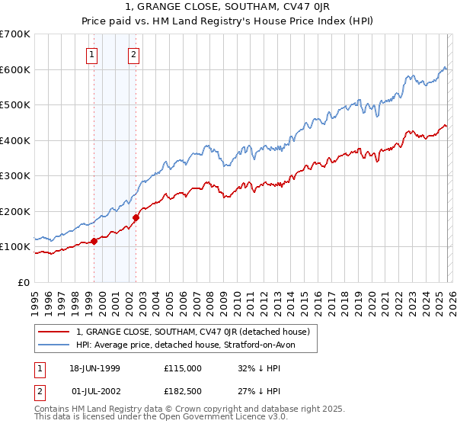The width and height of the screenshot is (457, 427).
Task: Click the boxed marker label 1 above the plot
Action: pos(92,54)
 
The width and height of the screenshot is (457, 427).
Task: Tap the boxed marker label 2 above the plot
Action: pos(133,54)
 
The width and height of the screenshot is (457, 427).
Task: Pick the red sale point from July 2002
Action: pos(136,218)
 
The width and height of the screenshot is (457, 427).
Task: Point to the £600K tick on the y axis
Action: pos(15,69)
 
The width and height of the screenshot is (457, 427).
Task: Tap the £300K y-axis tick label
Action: pos(15,176)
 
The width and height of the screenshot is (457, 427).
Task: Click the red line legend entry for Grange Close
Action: pos(192,332)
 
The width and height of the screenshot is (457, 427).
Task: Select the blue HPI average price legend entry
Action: pos(185,345)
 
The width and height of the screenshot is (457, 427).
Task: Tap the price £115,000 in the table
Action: pos(183,368)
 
